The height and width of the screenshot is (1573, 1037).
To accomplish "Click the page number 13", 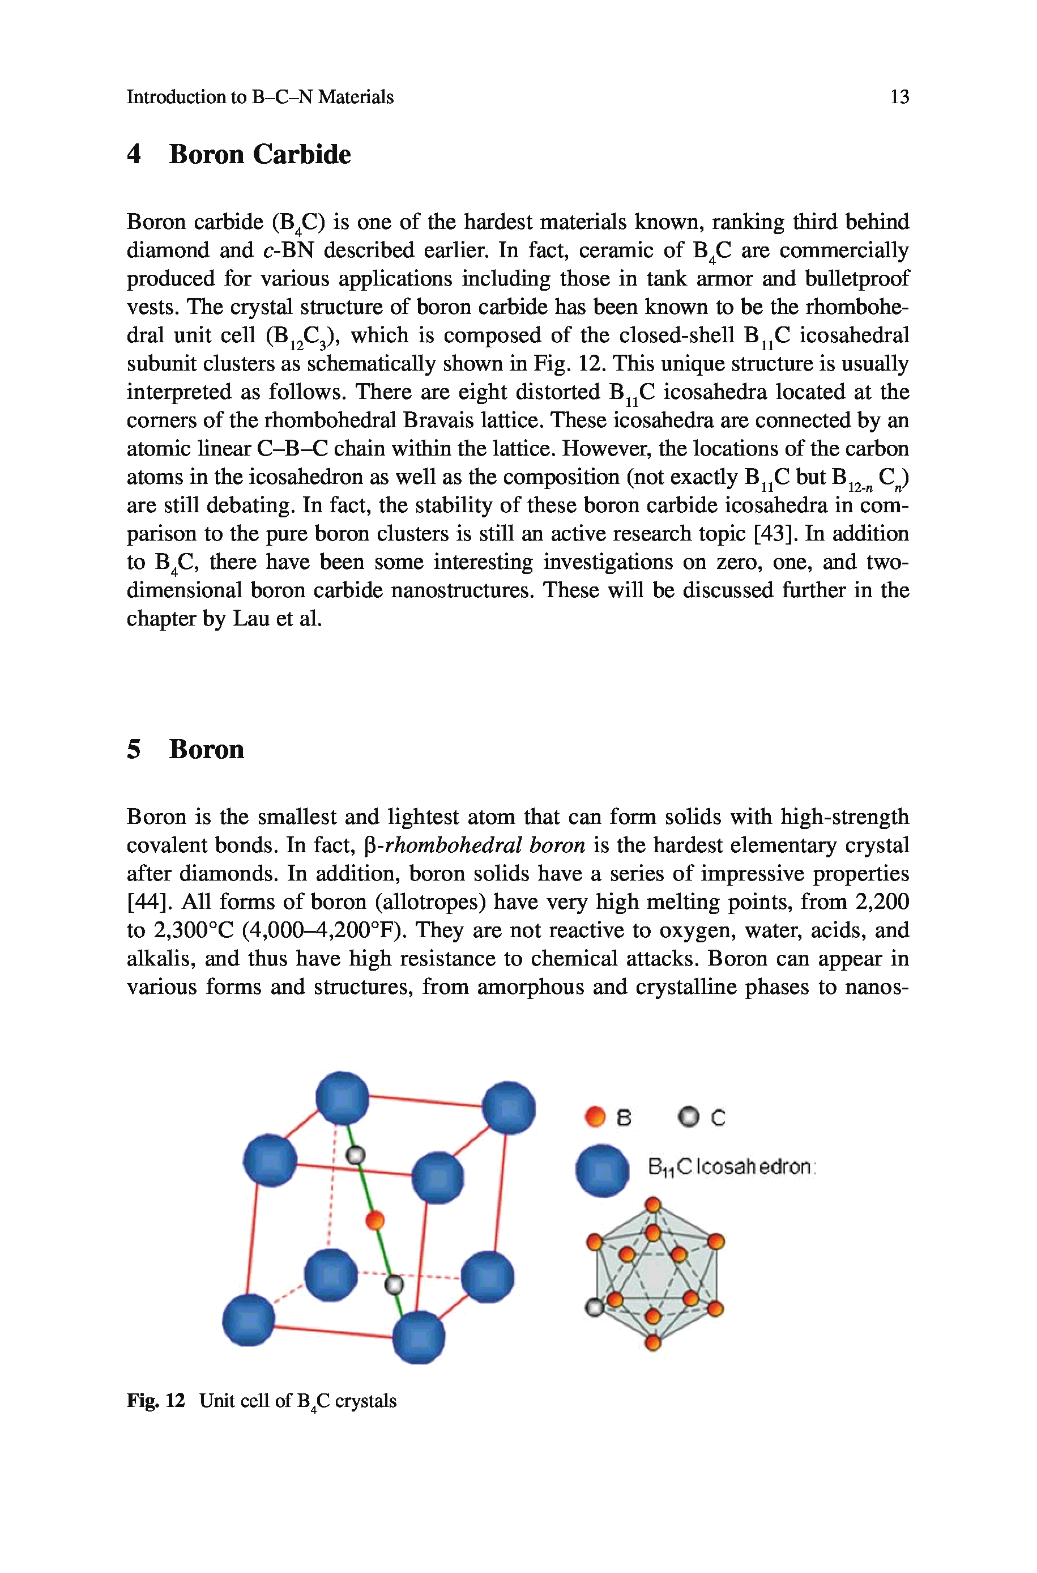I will click(899, 97).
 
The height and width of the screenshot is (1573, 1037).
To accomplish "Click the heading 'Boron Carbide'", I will click(259, 154).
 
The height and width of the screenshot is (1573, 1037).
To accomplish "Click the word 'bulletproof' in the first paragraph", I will click(856, 278).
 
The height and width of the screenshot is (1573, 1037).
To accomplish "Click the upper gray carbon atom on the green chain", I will click(356, 1155).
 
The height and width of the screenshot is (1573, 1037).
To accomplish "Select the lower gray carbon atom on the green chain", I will click(394, 1285).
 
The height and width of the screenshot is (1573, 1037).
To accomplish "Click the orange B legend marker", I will click(595, 1117).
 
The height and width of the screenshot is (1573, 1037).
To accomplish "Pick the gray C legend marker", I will click(689, 1117).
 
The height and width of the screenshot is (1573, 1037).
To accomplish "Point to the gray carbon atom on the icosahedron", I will click(594, 1308).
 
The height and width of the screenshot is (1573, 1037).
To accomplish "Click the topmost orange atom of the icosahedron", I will click(653, 1205).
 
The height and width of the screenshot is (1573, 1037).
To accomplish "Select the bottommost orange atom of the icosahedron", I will click(653, 1342).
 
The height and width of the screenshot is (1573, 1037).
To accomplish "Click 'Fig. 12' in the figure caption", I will click(155, 1400).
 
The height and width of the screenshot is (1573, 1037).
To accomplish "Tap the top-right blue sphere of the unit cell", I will click(508, 1107).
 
